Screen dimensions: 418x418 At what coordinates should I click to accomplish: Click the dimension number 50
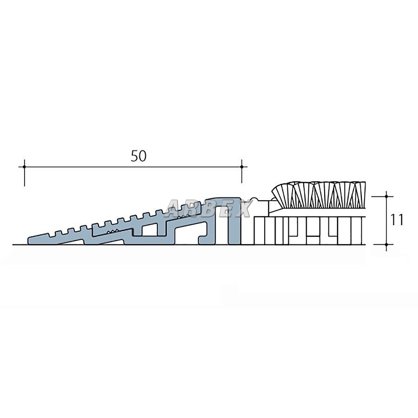tap(138, 156)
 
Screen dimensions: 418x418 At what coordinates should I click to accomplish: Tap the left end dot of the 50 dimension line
tap(25, 167)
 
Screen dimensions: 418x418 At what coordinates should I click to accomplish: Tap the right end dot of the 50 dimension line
tap(242, 167)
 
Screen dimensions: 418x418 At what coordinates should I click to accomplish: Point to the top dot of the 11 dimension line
tap(386, 196)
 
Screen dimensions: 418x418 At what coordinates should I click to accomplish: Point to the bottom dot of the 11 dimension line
tap(386, 244)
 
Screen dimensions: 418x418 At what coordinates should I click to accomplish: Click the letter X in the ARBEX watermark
tap(242, 208)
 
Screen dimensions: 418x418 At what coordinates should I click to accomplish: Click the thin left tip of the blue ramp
tap(29, 241)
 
